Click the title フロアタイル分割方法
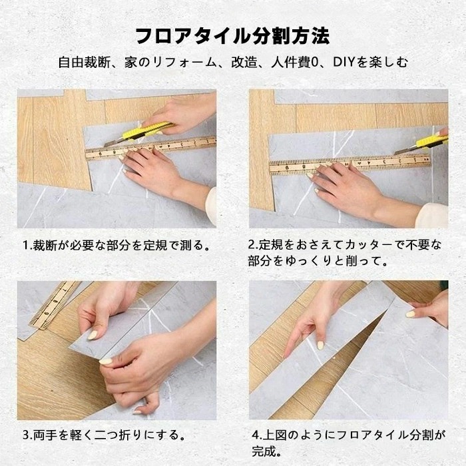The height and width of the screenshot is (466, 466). point(232,35)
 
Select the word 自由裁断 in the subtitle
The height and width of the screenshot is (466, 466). point(81,64)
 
